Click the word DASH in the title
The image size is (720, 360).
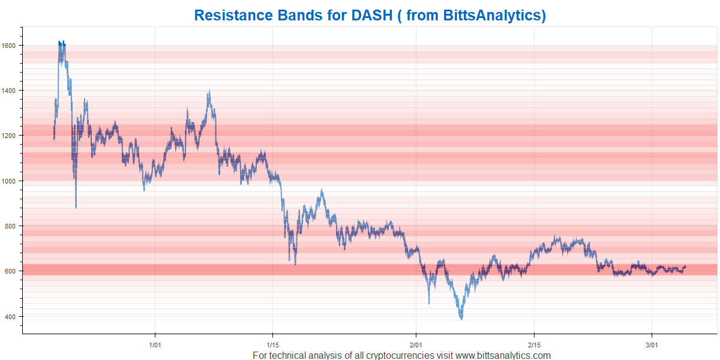click(x=372, y=15)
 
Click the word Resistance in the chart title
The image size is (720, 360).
click(x=233, y=15)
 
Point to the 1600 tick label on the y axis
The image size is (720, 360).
click(x=8, y=46)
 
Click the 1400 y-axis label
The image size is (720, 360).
click(x=8, y=91)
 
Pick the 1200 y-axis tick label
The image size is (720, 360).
click(x=8, y=136)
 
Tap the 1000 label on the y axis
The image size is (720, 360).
click(x=8, y=181)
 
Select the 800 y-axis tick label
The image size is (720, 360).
click(x=10, y=226)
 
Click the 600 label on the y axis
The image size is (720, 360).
click(x=10, y=271)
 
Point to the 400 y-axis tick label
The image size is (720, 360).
click(x=10, y=317)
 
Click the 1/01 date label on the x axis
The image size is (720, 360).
click(x=155, y=345)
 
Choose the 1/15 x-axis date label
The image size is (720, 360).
click(x=273, y=345)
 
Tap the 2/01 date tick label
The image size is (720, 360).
click(x=416, y=345)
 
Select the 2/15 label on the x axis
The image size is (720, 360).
click(x=534, y=345)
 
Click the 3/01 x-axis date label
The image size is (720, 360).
click(x=652, y=345)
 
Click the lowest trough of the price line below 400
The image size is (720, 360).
click(x=461, y=319)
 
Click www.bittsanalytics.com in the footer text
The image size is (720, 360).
click(x=503, y=355)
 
